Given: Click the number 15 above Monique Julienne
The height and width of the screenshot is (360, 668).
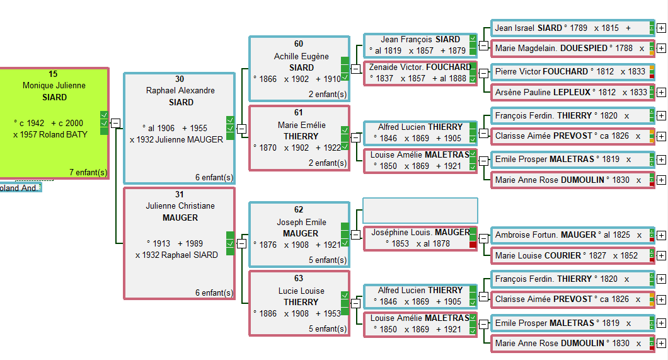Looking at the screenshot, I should pos(53,74).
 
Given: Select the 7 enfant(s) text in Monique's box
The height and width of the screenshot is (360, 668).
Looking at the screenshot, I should pos(88,172).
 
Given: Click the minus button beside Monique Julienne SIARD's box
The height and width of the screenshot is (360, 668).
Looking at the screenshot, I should pos(115,123).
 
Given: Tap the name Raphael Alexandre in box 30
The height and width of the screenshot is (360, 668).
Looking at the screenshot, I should pos(180,90).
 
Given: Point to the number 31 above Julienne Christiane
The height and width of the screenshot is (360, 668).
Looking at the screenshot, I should pos(180,194).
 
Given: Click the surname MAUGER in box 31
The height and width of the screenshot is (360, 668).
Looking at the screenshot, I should pos(180,218).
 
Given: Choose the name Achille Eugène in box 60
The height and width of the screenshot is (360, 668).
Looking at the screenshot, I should pos(301,56).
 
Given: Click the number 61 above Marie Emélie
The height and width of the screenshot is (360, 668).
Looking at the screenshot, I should pos(299,112).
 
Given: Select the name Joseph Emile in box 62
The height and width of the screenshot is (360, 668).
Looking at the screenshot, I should pos(301,222).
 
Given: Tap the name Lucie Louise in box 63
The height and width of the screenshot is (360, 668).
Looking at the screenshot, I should pos(301,291).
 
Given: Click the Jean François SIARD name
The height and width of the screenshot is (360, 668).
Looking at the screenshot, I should pos(420,39).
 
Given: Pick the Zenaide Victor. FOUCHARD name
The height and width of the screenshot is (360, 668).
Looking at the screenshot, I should pos(420,67).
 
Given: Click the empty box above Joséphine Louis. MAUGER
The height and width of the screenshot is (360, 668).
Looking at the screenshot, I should pos(420,211).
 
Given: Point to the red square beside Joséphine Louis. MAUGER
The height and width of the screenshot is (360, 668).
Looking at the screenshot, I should pos(473,244).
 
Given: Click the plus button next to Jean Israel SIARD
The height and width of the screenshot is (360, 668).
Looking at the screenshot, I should pos(661,28).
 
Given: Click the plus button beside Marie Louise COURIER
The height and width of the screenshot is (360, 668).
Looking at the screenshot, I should pos(661,256).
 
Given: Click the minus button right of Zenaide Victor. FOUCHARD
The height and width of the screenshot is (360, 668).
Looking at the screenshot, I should pos(483,73).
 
